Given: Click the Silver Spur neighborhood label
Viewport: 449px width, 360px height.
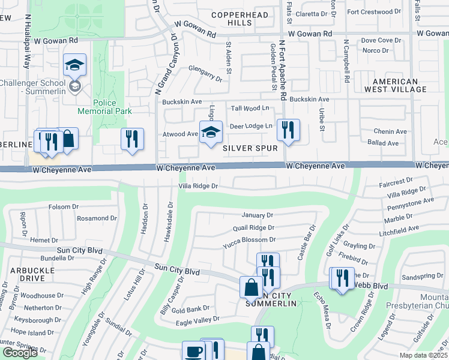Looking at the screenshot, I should (x=250, y=148).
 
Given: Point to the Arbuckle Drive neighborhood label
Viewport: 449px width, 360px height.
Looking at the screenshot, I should (x=23, y=274).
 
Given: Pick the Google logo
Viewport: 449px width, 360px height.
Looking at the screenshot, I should (x=19, y=353).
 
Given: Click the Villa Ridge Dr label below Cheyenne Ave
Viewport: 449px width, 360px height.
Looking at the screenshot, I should (x=197, y=187).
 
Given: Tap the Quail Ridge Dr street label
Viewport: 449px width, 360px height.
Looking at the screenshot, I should (x=253, y=228).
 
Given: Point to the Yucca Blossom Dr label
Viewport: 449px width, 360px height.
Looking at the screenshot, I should (x=249, y=240).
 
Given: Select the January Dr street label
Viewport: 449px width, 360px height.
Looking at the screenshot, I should (x=258, y=215).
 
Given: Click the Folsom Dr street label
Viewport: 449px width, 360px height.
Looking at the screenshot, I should (x=64, y=207).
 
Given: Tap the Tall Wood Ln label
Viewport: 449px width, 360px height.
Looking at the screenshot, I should (x=250, y=109).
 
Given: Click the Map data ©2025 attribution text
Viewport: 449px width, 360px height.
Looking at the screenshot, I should (x=423, y=355).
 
